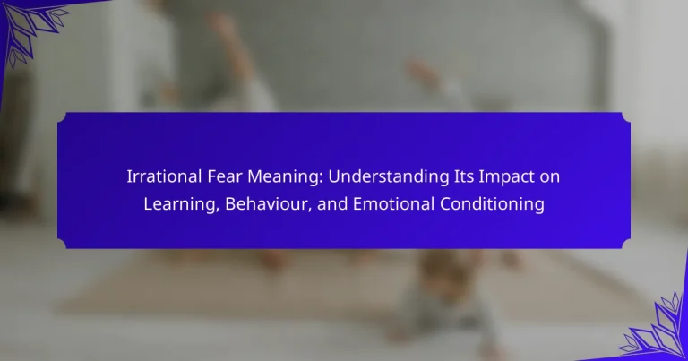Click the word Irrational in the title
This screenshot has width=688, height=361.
tap(165, 176)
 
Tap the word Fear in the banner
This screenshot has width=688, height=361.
tap(225, 176)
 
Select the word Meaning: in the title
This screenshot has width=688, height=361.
tap(285, 177)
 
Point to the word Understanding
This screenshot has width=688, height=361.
tap(388, 177)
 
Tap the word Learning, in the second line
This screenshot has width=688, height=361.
tap(182, 205)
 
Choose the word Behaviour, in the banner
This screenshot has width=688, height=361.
tap(268, 204)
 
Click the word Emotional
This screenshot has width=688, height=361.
tap(393, 204)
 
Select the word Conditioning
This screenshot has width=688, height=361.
tap(492, 205)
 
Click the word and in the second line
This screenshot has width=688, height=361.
tap(332, 204)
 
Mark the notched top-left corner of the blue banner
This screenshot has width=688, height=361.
tap(63, 117)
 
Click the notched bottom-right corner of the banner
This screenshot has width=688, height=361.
tap(625, 244)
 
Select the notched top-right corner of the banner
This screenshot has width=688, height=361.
tap(625, 117)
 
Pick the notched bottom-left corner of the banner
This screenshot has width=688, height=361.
tap(63, 244)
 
